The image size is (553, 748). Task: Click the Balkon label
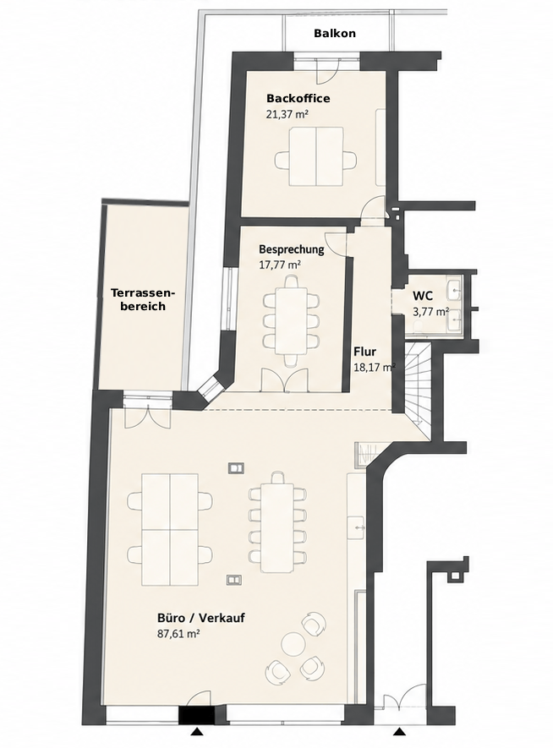click(x=335, y=34)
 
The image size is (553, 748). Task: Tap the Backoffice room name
click(x=298, y=99)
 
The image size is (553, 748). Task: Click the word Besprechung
click(x=291, y=249)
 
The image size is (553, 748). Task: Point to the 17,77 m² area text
click(x=280, y=265)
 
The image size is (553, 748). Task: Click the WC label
click(x=423, y=297)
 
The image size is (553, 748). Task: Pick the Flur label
click(x=365, y=352)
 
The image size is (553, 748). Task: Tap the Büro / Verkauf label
click(x=201, y=618)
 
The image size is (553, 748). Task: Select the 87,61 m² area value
click(x=178, y=634)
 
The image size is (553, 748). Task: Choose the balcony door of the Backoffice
click(x=328, y=71)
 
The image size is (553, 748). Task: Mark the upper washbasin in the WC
click(x=454, y=287)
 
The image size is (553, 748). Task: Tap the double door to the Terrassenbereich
click(x=149, y=414)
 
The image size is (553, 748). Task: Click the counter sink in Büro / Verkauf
click(x=358, y=527)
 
